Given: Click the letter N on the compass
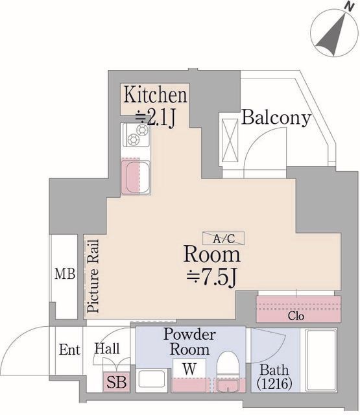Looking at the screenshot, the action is [x=350, y=7].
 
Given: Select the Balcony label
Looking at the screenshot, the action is [x=276, y=118].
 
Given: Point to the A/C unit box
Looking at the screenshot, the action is [x=223, y=238].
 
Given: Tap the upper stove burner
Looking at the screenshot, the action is [x=143, y=130].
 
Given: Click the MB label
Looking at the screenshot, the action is [x=65, y=274].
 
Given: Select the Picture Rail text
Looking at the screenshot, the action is [x=93, y=276].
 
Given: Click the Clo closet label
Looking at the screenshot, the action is [x=296, y=316].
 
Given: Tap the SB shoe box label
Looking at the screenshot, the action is [x=116, y=382].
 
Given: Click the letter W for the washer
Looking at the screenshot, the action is [x=189, y=369].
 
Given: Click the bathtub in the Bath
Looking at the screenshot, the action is [x=320, y=360].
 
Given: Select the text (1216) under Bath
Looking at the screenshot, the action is [x=274, y=383].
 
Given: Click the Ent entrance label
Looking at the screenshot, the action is [x=69, y=350].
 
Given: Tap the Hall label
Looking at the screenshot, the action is [x=107, y=349].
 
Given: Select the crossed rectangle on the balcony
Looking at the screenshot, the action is [x=230, y=140].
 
